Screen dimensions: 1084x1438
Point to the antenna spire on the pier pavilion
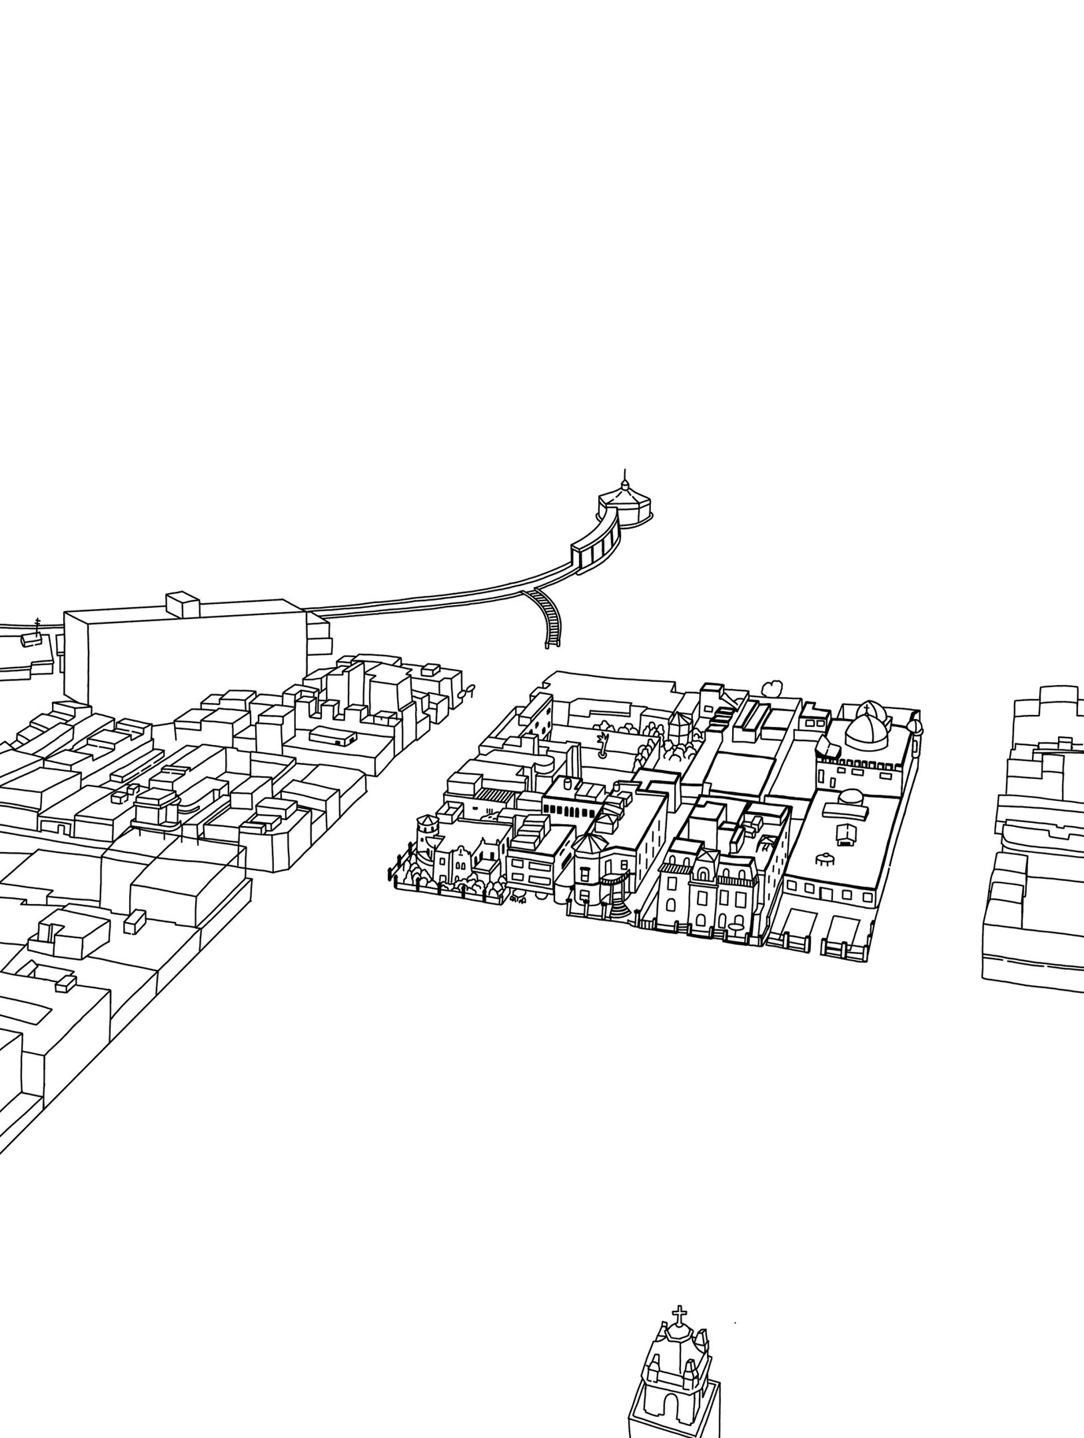click(624, 476)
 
